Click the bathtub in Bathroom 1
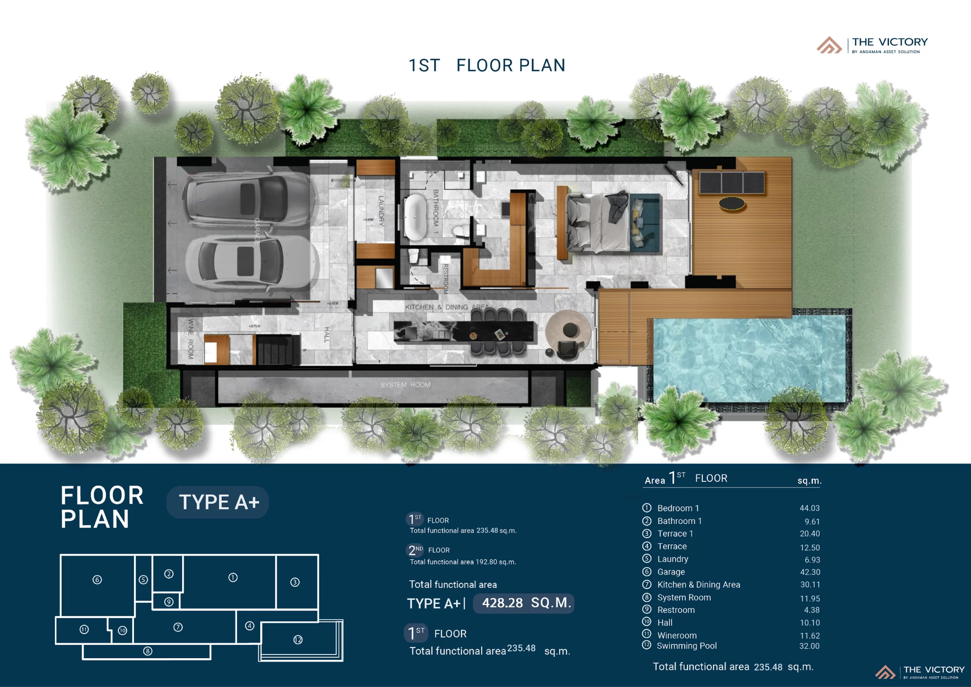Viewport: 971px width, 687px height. click(x=415, y=217)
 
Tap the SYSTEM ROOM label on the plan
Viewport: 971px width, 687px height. click(x=405, y=385)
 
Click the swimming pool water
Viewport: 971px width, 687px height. click(x=749, y=360)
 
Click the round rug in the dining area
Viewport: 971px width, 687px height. click(x=568, y=332)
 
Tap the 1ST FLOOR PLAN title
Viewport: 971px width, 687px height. click(x=486, y=66)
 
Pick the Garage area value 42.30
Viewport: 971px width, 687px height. click(x=809, y=572)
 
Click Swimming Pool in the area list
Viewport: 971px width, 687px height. click(x=687, y=646)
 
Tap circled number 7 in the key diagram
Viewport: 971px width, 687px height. click(x=178, y=627)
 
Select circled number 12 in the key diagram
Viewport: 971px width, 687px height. click(x=298, y=640)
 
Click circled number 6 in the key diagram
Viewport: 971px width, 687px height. click(x=97, y=580)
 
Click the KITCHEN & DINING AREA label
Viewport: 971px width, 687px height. click(x=446, y=307)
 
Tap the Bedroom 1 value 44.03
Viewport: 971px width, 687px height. click(x=809, y=508)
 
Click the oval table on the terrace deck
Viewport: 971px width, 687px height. click(x=732, y=203)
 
